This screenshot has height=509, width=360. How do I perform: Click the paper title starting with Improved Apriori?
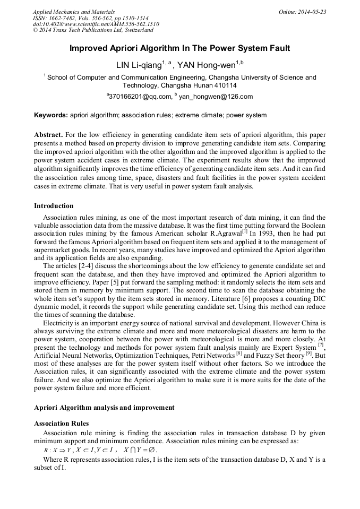(180, 48)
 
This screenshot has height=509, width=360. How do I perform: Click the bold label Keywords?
(51, 115)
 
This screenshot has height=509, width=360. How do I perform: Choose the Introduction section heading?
(54, 206)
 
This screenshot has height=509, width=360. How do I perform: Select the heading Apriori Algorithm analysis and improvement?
(104, 408)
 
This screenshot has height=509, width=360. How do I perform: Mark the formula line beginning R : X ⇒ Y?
(101, 450)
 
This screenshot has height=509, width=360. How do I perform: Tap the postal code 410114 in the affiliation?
(226, 85)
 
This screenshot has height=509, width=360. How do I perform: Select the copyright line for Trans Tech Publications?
(91, 31)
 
